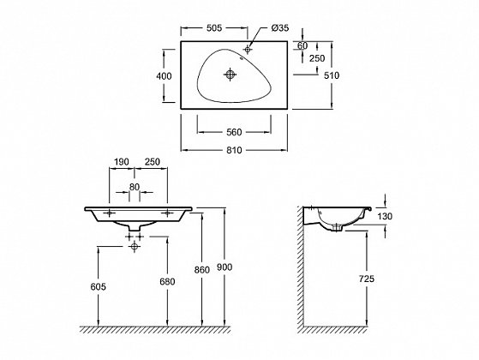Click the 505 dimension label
tap(214, 28)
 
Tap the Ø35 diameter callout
tap(280, 28)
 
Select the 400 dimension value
tap(164, 75)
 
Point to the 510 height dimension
tap(332, 75)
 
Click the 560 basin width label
tap(234, 132)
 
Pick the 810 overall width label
tap(234, 150)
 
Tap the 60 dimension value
tap(302, 45)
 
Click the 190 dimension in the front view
tap(122, 162)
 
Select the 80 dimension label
tap(135, 187)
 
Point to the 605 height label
tap(99, 286)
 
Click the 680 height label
tap(167, 281)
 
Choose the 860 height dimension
tap(202, 270)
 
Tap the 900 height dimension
tap(225, 267)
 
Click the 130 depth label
tap(385, 216)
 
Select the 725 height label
tap(366, 279)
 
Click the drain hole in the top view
tap(230, 75)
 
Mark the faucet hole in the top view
tap(248, 49)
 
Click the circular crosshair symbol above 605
tap(135, 246)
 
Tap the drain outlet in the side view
tap(337, 228)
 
